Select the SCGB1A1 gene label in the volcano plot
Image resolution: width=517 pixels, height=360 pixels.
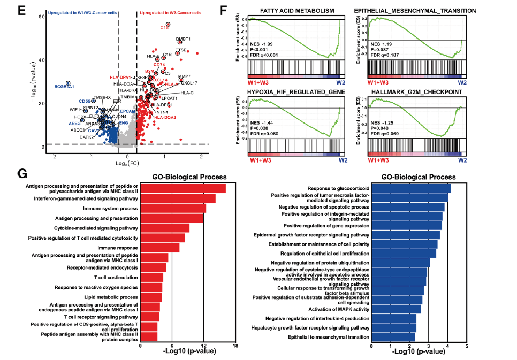pos(63,86)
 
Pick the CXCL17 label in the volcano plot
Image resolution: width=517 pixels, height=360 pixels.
pos(189,83)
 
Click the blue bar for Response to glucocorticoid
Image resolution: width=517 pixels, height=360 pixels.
pos(410,188)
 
